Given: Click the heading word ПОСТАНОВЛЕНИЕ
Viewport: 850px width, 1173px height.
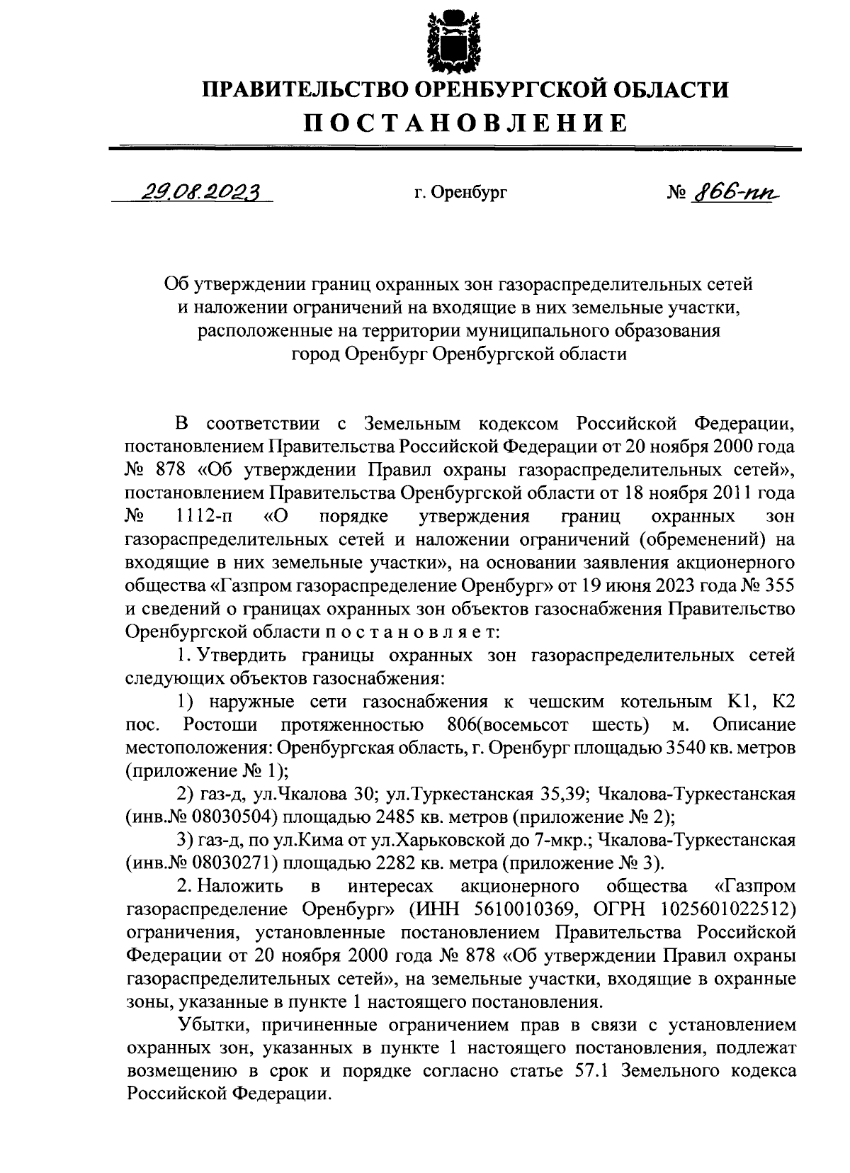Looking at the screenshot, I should click(x=465, y=123).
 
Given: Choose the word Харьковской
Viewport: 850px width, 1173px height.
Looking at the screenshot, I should click(x=441, y=841).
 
